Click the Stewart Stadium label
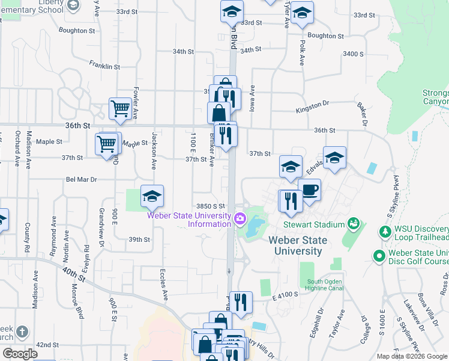click(x=306, y=224)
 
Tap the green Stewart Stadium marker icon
click(x=354, y=224)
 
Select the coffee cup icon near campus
click(x=309, y=190)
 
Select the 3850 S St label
click(x=210, y=206)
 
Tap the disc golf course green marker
click(x=378, y=256)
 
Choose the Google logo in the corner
click(x=20, y=354)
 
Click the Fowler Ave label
click(x=136, y=103)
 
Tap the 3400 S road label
click(x=354, y=54)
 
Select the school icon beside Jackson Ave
click(x=152, y=196)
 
